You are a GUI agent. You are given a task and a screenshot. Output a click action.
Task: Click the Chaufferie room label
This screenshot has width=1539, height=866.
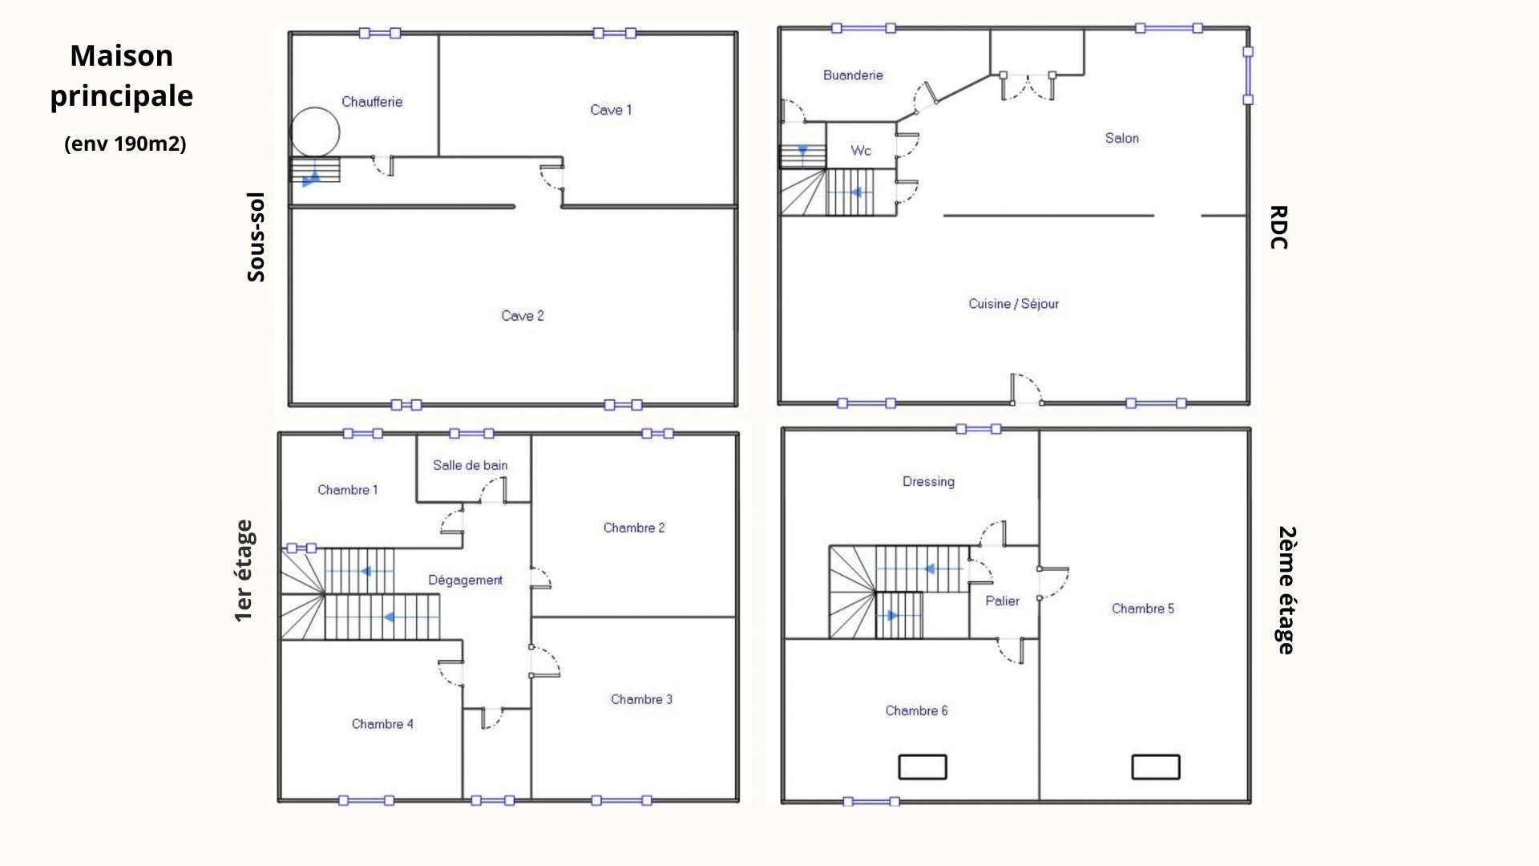[x=372, y=102]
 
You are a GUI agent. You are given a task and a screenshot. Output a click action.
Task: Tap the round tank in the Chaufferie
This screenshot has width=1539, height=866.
[x=315, y=132]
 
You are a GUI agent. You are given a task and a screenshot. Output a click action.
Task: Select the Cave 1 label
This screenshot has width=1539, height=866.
[x=611, y=110]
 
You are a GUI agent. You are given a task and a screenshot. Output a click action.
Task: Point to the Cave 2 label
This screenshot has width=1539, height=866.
[x=523, y=316]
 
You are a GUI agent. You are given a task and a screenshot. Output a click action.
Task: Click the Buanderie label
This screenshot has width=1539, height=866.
[x=853, y=75]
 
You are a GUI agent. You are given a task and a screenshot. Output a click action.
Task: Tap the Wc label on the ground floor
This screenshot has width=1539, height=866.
[x=861, y=151]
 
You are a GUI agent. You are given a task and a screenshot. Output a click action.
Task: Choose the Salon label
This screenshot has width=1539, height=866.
[x=1121, y=138]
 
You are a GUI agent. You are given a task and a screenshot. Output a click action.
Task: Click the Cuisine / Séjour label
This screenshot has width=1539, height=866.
[x=1013, y=304]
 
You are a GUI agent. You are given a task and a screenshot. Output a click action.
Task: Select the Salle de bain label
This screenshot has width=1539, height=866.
[x=470, y=465]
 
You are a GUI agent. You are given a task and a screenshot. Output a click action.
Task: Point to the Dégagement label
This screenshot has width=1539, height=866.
[x=465, y=581]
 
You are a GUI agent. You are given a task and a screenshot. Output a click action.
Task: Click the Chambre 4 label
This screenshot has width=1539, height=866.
[x=382, y=724]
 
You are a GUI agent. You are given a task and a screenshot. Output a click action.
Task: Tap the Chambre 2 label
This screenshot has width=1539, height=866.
[x=634, y=528]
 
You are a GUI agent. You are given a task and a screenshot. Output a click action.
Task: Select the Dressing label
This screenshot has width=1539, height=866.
[x=928, y=482]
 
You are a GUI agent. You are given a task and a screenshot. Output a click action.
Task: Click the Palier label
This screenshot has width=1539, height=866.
[x=1002, y=601]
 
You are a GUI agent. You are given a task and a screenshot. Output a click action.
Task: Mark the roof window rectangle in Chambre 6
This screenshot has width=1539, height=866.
[x=923, y=767]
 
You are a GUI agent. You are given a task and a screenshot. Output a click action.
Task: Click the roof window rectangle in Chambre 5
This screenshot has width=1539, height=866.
[x=1156, y=767]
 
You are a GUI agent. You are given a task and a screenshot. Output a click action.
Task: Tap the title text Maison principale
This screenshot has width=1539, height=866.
[x=122, y=76]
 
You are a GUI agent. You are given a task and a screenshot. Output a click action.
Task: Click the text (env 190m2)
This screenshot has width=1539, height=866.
[x=125, y=144]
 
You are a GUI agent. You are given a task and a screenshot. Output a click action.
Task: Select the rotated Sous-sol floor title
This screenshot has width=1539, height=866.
[x=256, y=237]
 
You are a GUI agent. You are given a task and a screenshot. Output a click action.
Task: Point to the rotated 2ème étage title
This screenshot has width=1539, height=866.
[x=1285, y=590]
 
